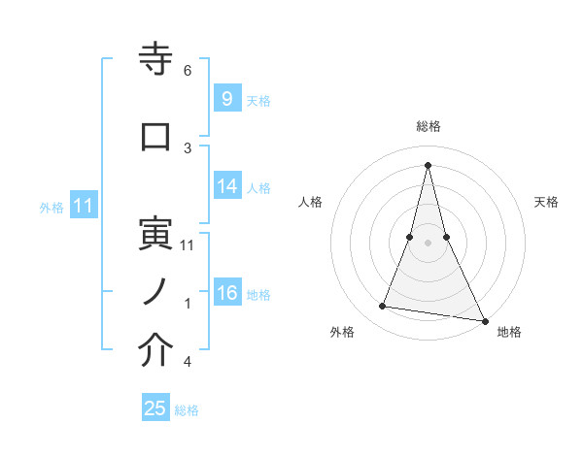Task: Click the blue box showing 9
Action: click(225, 98)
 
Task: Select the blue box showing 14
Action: click(226, 186)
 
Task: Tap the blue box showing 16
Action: click(226, 293)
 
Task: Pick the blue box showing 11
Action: click(83, 206)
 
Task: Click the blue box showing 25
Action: click(155, 408)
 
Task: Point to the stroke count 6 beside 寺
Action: click(188, 70)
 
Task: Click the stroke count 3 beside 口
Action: click(188, 147)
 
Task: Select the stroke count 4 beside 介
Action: click(188, 362)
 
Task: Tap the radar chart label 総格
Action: click(428, 126)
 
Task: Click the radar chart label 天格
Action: click(546, 202)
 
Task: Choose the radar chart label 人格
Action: click(310, 202)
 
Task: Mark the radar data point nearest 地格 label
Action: click(484, 320)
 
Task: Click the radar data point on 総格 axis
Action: click(428, 165)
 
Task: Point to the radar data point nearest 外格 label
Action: click(383, 307)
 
